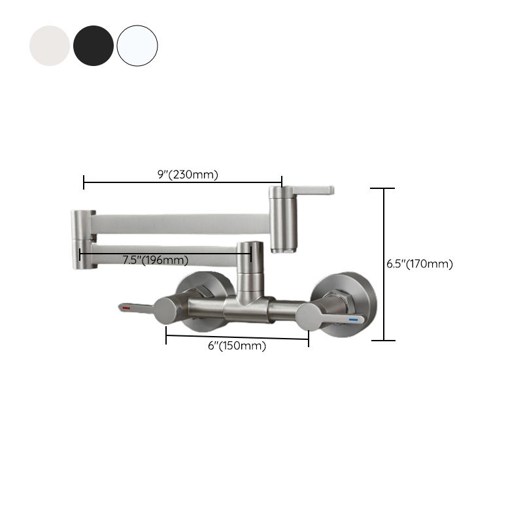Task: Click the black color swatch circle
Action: (93, 46)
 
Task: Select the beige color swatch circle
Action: (50, 46)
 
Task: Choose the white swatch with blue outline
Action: (137, 46)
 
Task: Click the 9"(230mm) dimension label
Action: (188, 175)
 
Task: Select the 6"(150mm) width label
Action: (237, 346)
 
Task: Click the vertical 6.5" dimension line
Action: (384, 264)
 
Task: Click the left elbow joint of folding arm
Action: (83, 239)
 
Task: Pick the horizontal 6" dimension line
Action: (237, 337)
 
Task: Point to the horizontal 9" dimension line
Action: (183, 182)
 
